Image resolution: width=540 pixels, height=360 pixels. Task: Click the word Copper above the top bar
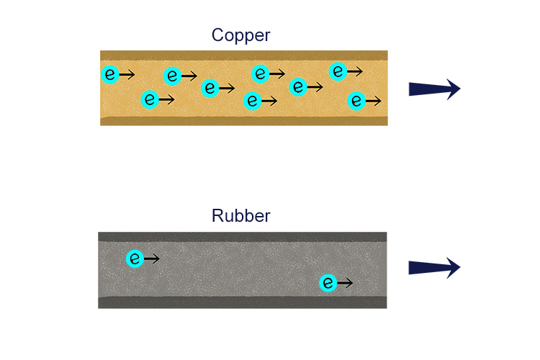coord(240,35)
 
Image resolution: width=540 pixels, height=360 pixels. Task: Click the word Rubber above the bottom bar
coord(240,216)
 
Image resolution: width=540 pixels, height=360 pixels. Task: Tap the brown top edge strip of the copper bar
coord(243,55)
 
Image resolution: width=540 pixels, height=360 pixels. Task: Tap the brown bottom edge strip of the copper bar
coord(243,121)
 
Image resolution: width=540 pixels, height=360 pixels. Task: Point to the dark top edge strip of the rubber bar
coord(242,236)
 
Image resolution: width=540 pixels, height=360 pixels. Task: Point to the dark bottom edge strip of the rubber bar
coord(242,302)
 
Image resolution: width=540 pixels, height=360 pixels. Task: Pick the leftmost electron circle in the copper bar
coord(110,74)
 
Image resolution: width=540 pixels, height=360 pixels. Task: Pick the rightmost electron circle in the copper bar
coord(356,101)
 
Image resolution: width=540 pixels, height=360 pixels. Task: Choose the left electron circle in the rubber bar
coord(135,258)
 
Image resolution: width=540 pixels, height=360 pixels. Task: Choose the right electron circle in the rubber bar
coord(328,283)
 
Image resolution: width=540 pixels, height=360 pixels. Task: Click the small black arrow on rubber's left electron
coord(152,258)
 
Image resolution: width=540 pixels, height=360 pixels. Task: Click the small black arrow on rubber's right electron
coord(345,283)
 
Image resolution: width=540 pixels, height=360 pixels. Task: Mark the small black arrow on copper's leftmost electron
coord(127,74)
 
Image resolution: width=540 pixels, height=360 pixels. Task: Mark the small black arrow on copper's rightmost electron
coord(374,101)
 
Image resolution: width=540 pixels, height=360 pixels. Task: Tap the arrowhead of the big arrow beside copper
coord(452,89)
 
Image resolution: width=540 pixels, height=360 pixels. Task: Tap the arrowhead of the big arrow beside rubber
coord(452,268)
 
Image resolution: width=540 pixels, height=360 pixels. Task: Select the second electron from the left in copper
coord(149,99)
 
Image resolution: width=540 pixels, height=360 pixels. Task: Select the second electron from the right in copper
coord(338,71)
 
